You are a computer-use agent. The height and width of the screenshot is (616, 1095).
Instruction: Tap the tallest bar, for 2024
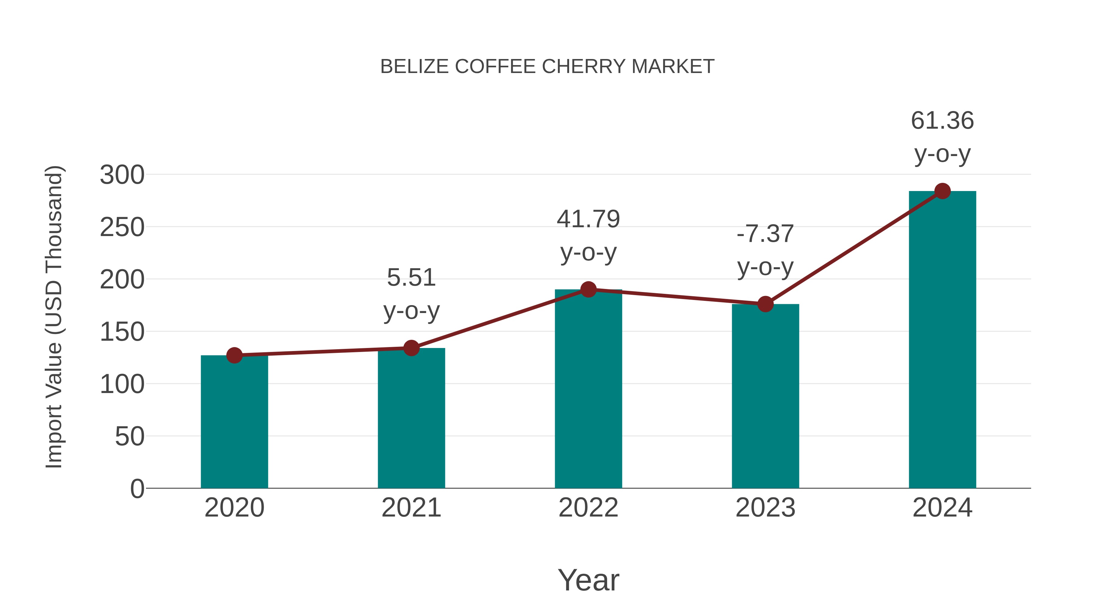pyautogui.click(x=942, y=340)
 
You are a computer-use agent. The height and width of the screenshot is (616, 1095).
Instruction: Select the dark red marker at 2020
pyautogui.click(x=234, y=355)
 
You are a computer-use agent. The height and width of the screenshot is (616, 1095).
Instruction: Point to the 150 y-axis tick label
pyautogui.click(x=122, y=332)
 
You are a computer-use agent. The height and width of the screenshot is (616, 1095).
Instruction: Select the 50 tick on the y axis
pyautogui.click(x=130, y=437)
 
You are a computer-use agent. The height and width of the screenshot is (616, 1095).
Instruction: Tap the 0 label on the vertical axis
pyautogui.click(x=137, y=489)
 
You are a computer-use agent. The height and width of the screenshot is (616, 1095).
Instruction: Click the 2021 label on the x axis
pyautogui.click(x=411, y=508)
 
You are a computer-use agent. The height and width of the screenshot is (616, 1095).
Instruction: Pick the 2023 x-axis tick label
pyautogui.click(x=765, y=508)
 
